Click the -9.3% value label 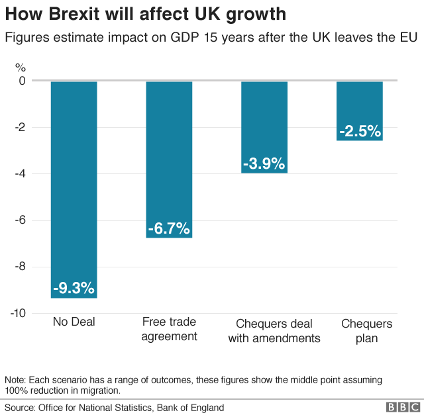click(74, 289)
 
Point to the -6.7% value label click(169, 229)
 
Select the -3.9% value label click(264, 163)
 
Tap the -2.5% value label click(359, 131)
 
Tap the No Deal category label click(74, 322)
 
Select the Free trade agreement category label click(169, 329)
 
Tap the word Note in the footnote click(15, 380)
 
